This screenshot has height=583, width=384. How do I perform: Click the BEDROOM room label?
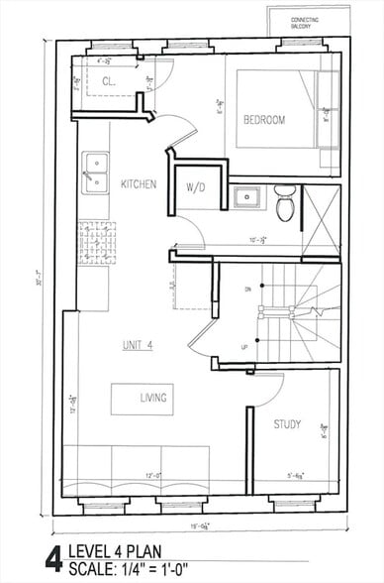[264, 121]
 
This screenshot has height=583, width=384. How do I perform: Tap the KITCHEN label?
[139, 184]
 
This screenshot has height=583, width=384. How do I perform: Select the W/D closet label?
[196, 188]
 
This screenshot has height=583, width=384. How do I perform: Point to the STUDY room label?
[287, 424]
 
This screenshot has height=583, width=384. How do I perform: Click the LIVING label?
[152, 399]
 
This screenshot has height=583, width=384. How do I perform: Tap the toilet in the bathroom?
[285, 204]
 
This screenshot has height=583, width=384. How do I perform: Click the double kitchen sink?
[96, 171]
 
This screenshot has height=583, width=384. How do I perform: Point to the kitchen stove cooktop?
[97, 241]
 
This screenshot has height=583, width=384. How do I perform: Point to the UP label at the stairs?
[244, 346]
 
